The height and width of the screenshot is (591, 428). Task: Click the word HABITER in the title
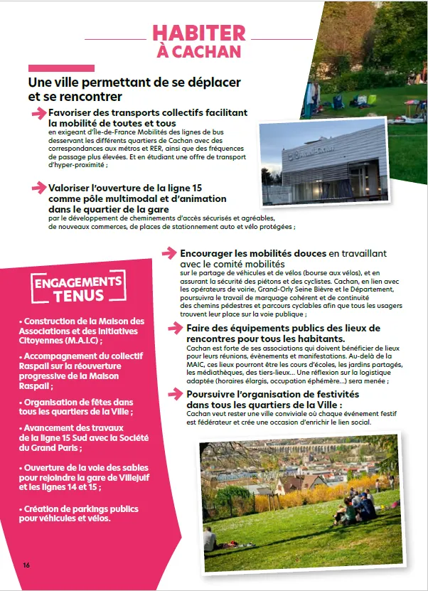pos(199,33)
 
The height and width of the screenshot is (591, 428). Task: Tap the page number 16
pos(26,565)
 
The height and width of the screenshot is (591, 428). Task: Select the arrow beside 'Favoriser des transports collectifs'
pos(39,113)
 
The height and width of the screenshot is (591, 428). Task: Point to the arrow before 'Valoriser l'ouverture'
pos(39,188)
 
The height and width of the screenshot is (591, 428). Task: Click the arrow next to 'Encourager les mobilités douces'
pos(169,252)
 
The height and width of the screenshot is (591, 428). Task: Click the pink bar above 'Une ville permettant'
pos(61,68)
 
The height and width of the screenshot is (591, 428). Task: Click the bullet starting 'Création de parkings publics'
pos(78,513)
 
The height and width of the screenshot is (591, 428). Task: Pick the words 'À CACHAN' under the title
pos(199,52)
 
